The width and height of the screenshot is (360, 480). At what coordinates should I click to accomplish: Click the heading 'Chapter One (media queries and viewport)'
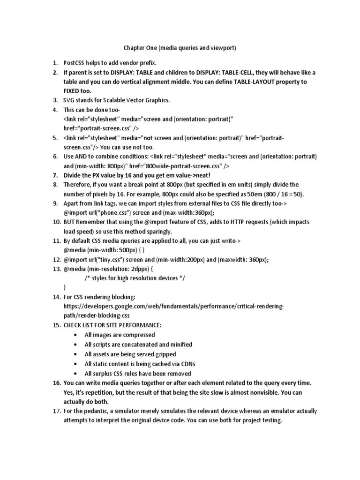point(180,48)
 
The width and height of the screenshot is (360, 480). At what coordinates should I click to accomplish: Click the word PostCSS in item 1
point(75,63)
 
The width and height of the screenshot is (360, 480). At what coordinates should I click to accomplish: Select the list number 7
point(54,175)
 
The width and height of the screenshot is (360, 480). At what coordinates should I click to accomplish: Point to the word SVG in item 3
point(69,100)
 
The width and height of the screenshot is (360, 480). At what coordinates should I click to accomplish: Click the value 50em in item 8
point(256,194)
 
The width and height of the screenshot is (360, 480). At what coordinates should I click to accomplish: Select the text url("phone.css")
point(97,213)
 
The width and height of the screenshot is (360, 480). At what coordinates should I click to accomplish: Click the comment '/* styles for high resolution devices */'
point(135,278)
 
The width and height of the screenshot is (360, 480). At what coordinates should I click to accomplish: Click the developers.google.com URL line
point(173,307)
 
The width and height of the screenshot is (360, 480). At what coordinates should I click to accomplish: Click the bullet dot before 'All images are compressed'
point(76,335)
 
